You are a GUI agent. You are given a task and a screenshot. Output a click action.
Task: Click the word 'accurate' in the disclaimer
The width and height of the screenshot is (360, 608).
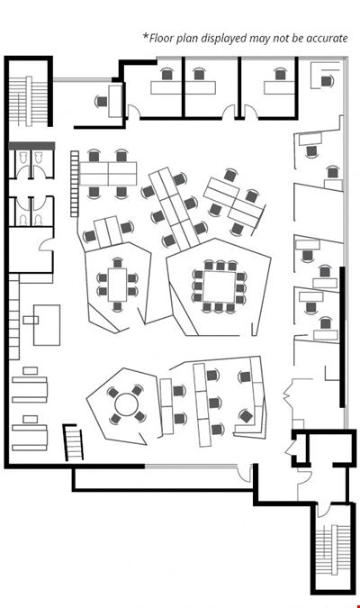coord(327,39)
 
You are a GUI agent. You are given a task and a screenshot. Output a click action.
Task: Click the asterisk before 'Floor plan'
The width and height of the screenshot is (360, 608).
coord(146,36)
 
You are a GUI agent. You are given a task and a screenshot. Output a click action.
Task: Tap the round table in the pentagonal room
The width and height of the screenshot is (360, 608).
coord(126,404)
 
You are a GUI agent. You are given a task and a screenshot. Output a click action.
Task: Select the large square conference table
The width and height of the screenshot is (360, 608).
coord(219,286)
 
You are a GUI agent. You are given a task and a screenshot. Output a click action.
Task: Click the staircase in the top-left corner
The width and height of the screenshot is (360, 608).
coord(28,101)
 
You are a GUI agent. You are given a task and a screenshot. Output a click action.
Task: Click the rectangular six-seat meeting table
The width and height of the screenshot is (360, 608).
coord(117,285)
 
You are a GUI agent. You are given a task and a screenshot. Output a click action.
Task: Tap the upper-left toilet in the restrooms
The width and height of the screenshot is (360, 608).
coord(22,158)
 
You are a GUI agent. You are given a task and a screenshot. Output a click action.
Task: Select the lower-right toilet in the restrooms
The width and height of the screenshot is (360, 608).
coord(38,219)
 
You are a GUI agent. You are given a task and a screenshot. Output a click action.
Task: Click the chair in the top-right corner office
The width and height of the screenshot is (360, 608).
coord(327,81)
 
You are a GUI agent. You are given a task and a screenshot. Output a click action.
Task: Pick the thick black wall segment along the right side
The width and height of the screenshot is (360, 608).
coord(342,337)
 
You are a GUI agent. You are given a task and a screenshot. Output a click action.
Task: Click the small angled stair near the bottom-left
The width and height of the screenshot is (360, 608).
coord(73,442)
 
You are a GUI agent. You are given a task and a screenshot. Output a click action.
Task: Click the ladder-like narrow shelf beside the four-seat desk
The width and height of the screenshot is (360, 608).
coord(75,184)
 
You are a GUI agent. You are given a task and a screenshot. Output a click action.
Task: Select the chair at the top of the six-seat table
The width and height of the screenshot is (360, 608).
coord(117,262)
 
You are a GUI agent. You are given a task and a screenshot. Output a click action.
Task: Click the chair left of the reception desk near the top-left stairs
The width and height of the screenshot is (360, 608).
coord(101,102)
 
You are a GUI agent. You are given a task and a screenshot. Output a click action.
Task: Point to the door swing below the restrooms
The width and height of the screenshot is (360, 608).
coord(46,244)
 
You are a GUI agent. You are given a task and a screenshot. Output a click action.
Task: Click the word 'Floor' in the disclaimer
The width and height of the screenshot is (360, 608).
coord(159,38)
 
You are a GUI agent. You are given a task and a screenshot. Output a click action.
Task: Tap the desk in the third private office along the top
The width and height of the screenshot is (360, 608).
coord(280,87)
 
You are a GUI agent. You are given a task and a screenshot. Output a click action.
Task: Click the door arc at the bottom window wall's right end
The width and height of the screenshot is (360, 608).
coord(244,475)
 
